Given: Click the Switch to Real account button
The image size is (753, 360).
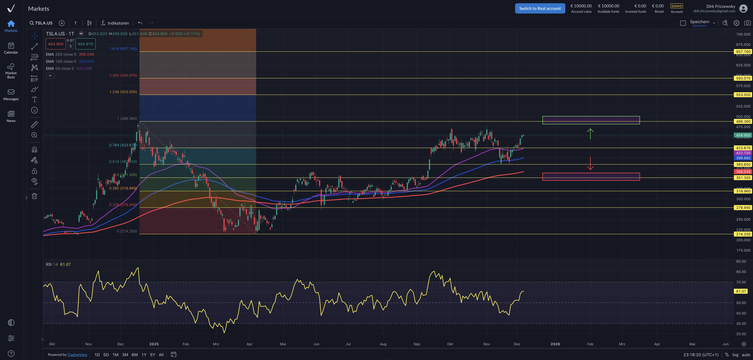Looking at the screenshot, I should [540, 9].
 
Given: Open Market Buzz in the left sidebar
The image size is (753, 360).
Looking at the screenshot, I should [11, 71].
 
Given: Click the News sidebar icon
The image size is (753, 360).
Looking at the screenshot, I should [11, 116].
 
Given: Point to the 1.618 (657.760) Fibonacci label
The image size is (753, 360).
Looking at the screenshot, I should [123, 49].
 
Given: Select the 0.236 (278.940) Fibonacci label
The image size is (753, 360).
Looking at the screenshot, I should [123, 205].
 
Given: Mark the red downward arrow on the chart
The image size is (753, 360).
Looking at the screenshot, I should [590, 164].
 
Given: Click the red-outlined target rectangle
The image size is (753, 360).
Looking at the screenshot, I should [591, 176].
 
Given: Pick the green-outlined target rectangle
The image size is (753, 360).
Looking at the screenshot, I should [591, 120].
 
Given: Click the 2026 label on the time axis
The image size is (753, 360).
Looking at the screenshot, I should [555, 344].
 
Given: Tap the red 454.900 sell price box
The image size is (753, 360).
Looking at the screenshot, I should [56, 44].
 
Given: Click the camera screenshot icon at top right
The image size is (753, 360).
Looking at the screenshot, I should [747, 23].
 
